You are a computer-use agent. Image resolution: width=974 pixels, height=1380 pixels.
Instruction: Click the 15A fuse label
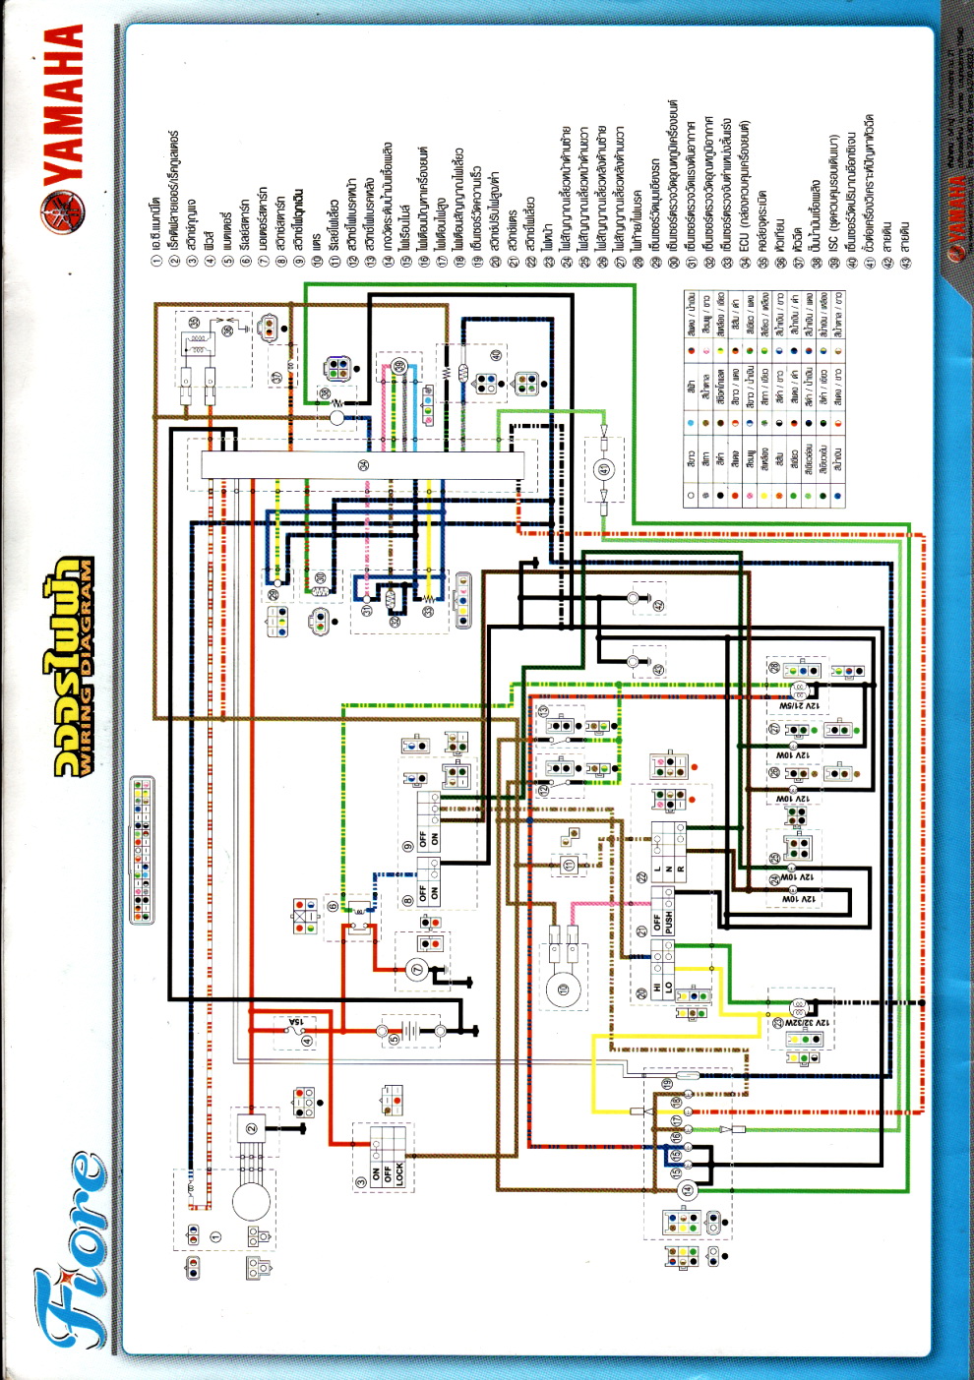click(x=296, y=1024)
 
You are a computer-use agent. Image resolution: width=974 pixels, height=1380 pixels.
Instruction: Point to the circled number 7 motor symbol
click(x=416, y=970)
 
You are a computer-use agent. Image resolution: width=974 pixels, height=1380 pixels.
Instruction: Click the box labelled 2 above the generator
click(x=251, y=1128)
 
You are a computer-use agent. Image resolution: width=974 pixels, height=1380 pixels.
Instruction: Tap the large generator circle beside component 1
click(x=252, y=1202)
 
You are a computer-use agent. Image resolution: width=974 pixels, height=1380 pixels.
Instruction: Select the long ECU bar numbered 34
click(x=364, y=465)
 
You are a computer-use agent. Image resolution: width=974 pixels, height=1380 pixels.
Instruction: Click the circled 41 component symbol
click(x=604, y=469)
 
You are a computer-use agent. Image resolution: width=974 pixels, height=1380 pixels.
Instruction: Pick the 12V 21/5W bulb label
click(x=799, y=705)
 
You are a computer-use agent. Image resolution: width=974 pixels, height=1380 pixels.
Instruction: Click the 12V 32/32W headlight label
click(x=807, y=1023)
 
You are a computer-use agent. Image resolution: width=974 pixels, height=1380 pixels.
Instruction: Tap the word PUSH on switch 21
click(x=669, y=923)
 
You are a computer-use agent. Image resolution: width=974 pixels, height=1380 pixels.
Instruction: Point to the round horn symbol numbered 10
click(x=564, y=990)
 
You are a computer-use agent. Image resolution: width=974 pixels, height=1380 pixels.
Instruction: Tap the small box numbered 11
click(x=568, y=865)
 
